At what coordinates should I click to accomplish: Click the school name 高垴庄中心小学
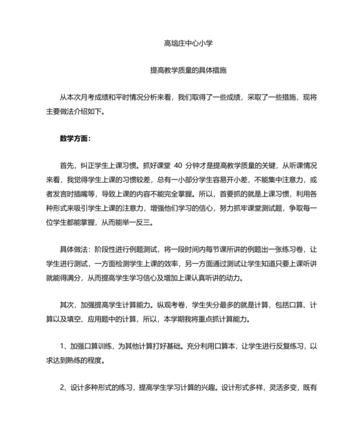[x=189, y=43]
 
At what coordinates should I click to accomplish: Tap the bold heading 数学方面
[x=75, y=138]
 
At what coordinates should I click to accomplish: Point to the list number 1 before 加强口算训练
[x=62, y=347]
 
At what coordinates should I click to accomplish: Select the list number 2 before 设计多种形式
[x=62, y=388]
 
